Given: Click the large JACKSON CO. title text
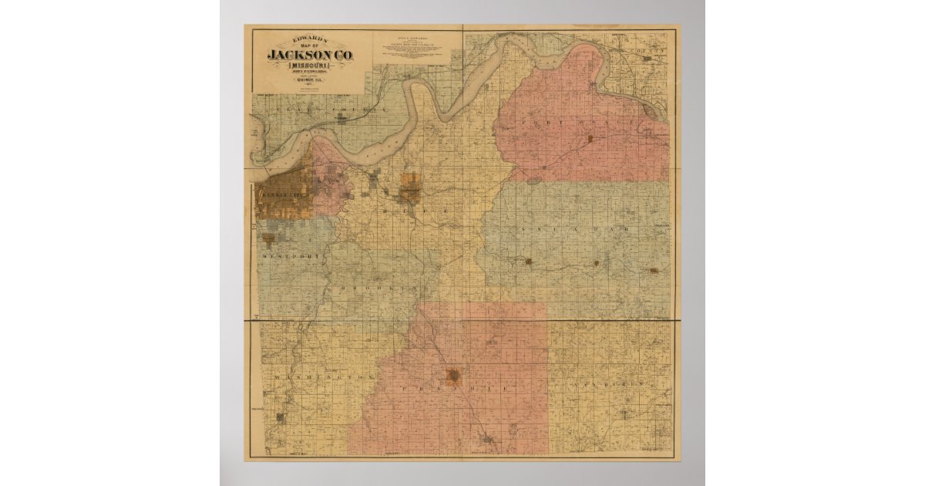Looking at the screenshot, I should (x=308, y=56).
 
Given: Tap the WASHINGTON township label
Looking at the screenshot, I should (x=322, y=377).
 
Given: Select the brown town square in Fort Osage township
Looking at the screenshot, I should (x=590, y=140).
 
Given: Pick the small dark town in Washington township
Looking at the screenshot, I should (x=281, y=419).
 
